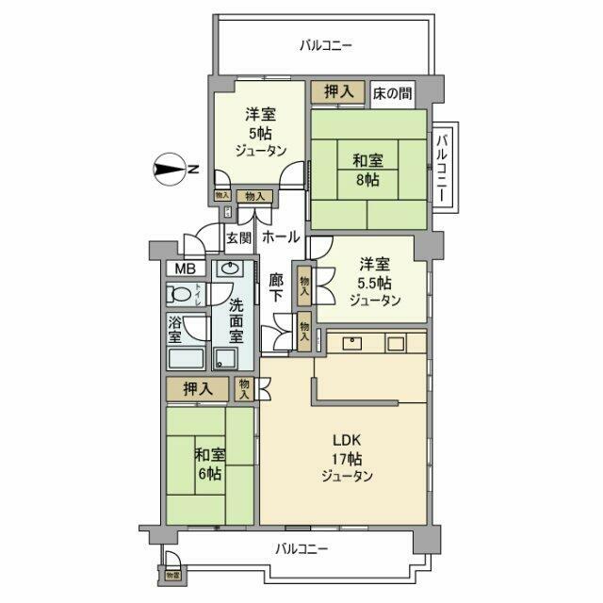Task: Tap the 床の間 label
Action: [x=389, y=91]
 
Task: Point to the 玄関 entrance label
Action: [x=238, y=237]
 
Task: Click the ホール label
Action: [x=281, y=236]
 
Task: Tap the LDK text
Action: [x=346, y=441]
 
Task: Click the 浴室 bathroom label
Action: [x=175, y=331]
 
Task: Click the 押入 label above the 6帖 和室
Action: [x=195, y=386]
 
